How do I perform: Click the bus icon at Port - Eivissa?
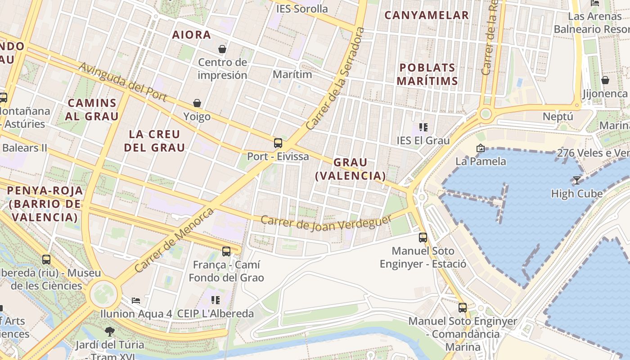[278, 143]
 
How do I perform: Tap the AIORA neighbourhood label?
[192, 35]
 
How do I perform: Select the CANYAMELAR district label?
[427, 15]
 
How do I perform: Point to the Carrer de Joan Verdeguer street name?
[326, 223]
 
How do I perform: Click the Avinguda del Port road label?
[123, 82]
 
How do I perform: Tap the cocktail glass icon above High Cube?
[576, 180]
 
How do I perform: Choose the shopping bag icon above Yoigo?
[197, 103]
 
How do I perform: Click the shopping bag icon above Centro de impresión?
[222, 49]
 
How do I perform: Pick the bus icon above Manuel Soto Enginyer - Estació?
[423, 237]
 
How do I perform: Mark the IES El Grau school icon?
[423, 127]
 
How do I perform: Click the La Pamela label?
[481, 161]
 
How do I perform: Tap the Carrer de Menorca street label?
[174, 240]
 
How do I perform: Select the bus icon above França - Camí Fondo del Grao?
[226, 251]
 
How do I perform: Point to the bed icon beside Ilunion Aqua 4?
[136, 300]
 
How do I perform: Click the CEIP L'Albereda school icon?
[216, 300]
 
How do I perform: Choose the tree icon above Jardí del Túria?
[109, 332]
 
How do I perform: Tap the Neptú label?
[558, 117]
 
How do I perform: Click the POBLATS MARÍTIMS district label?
[428, 74]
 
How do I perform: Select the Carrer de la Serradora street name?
[335, 79]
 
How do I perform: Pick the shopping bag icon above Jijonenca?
[605, 80]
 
